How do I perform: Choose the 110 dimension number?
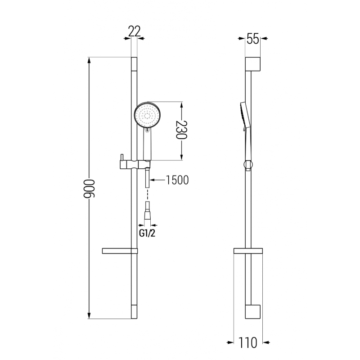(x=248, y=343)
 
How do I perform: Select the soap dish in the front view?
(x=119, y=250)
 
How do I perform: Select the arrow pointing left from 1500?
(x=153, y=180)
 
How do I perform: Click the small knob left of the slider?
(x=120, y=157)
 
